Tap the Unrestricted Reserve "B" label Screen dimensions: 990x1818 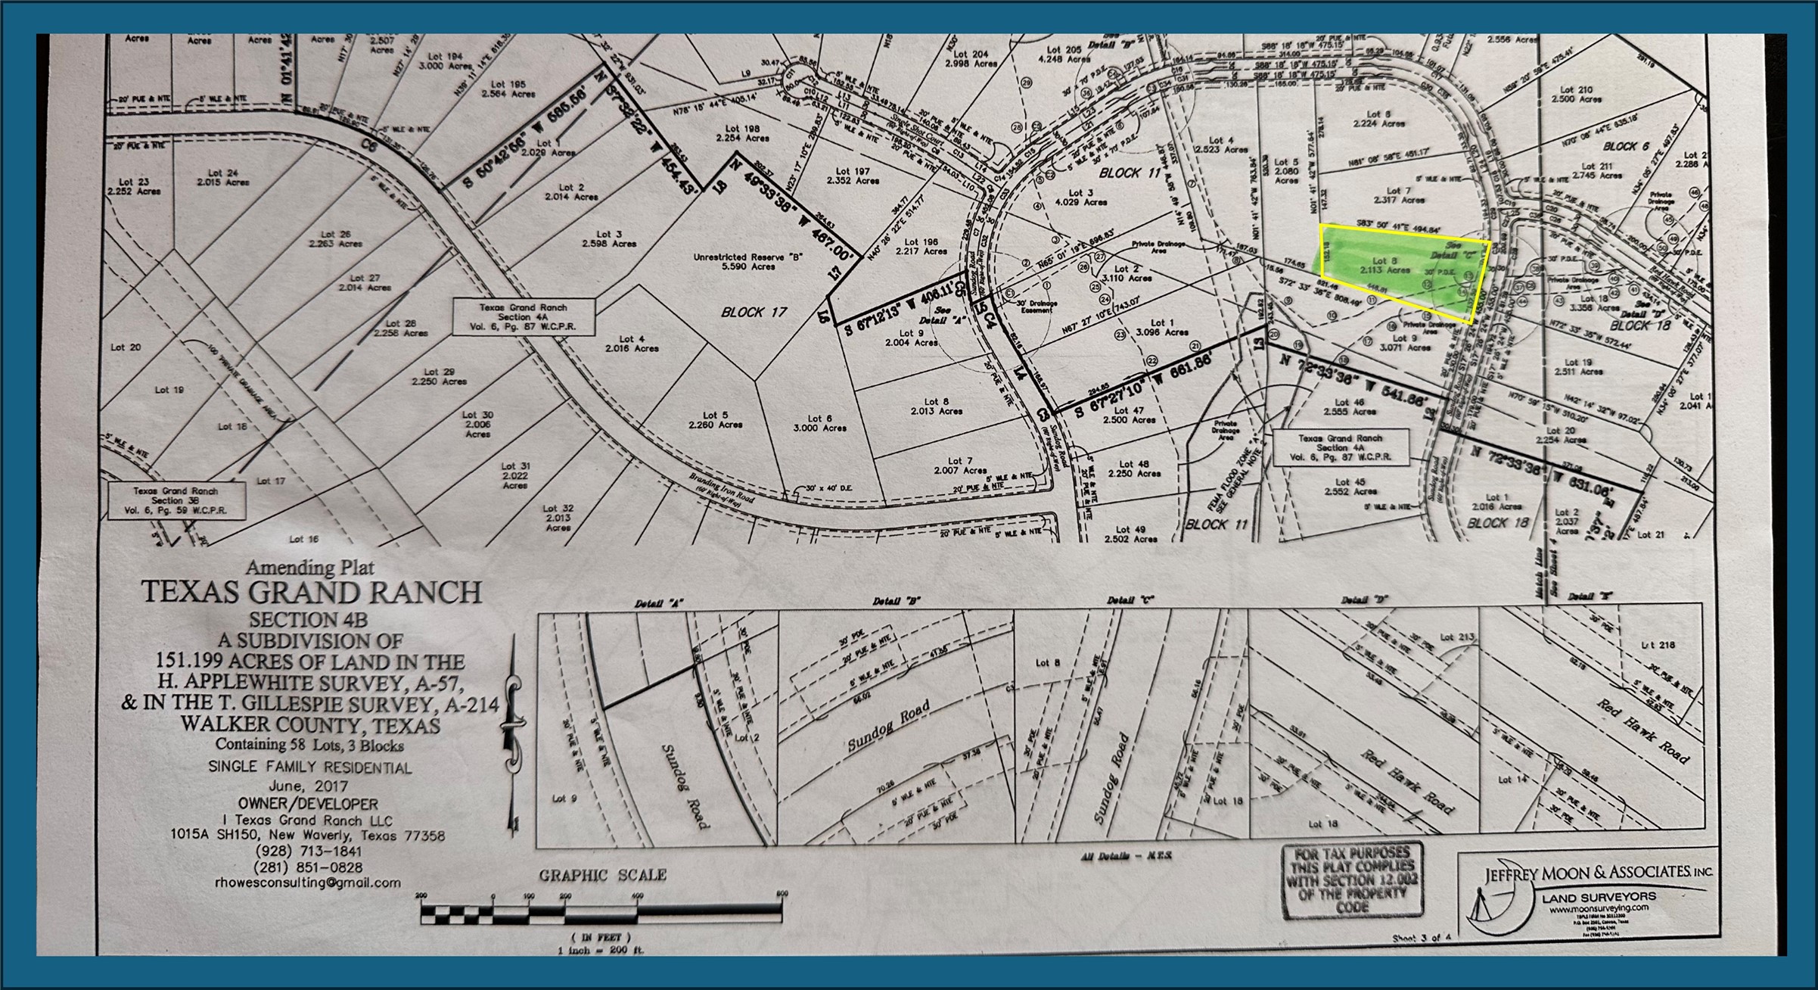point(747,261)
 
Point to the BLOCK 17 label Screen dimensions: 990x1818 point(754,312)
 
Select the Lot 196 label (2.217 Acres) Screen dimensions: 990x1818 point(921,247)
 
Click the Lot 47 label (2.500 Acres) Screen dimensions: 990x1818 point(1129,415)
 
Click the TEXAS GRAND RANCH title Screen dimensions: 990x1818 point(311,592)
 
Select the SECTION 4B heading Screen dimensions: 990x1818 point(308,619)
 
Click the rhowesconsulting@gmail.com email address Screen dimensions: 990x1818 point(307,883)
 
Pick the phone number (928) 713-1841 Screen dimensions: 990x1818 point(309,851)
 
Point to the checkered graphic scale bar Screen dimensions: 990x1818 point(601,913)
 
